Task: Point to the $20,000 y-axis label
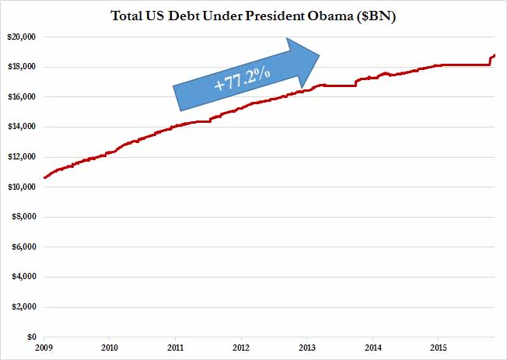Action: (x=22, y=37)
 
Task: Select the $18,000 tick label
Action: (x=22, y=67)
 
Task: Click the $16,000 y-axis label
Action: (x=22, y=97)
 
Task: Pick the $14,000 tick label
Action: (x=22, y=127)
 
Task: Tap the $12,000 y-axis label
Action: (x=22, y=157)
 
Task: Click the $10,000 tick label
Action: (x=22, y=187)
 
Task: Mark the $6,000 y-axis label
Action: (x=24, y=247)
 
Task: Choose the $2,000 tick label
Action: (x=24, y=308)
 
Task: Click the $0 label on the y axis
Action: (x=31, y=337)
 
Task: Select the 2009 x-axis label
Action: (x=44, y=348)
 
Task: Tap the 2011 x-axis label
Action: (x=176, y=348)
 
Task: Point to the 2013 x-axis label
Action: (x=307, y=348)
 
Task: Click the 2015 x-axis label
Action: (x=439, y=348)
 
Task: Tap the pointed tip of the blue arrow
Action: (x=320, y=54)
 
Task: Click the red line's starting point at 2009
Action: (x=45, y=177)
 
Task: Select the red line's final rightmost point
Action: (x=495, y=54)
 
